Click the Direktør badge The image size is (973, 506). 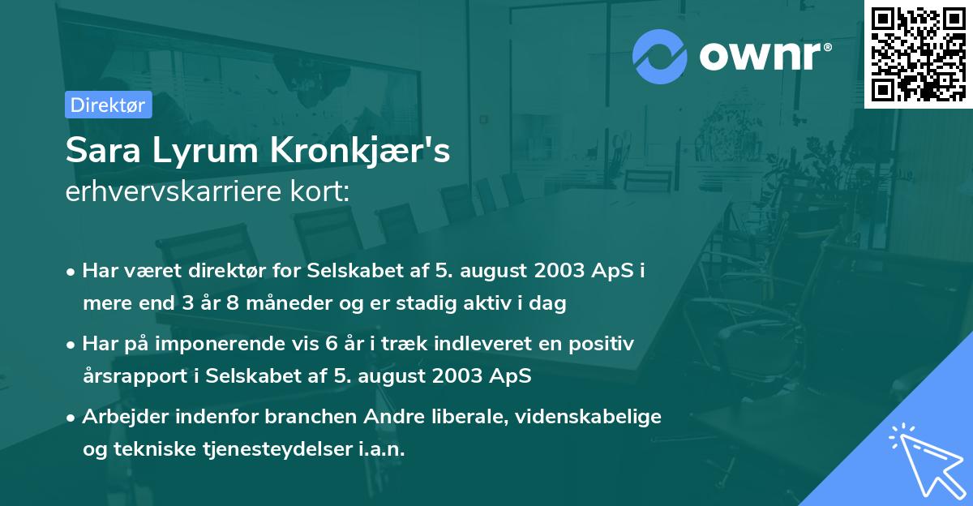(x=108, y=105)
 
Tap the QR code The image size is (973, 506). (x=918, y=54)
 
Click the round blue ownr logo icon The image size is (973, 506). (x=660, y=56)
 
